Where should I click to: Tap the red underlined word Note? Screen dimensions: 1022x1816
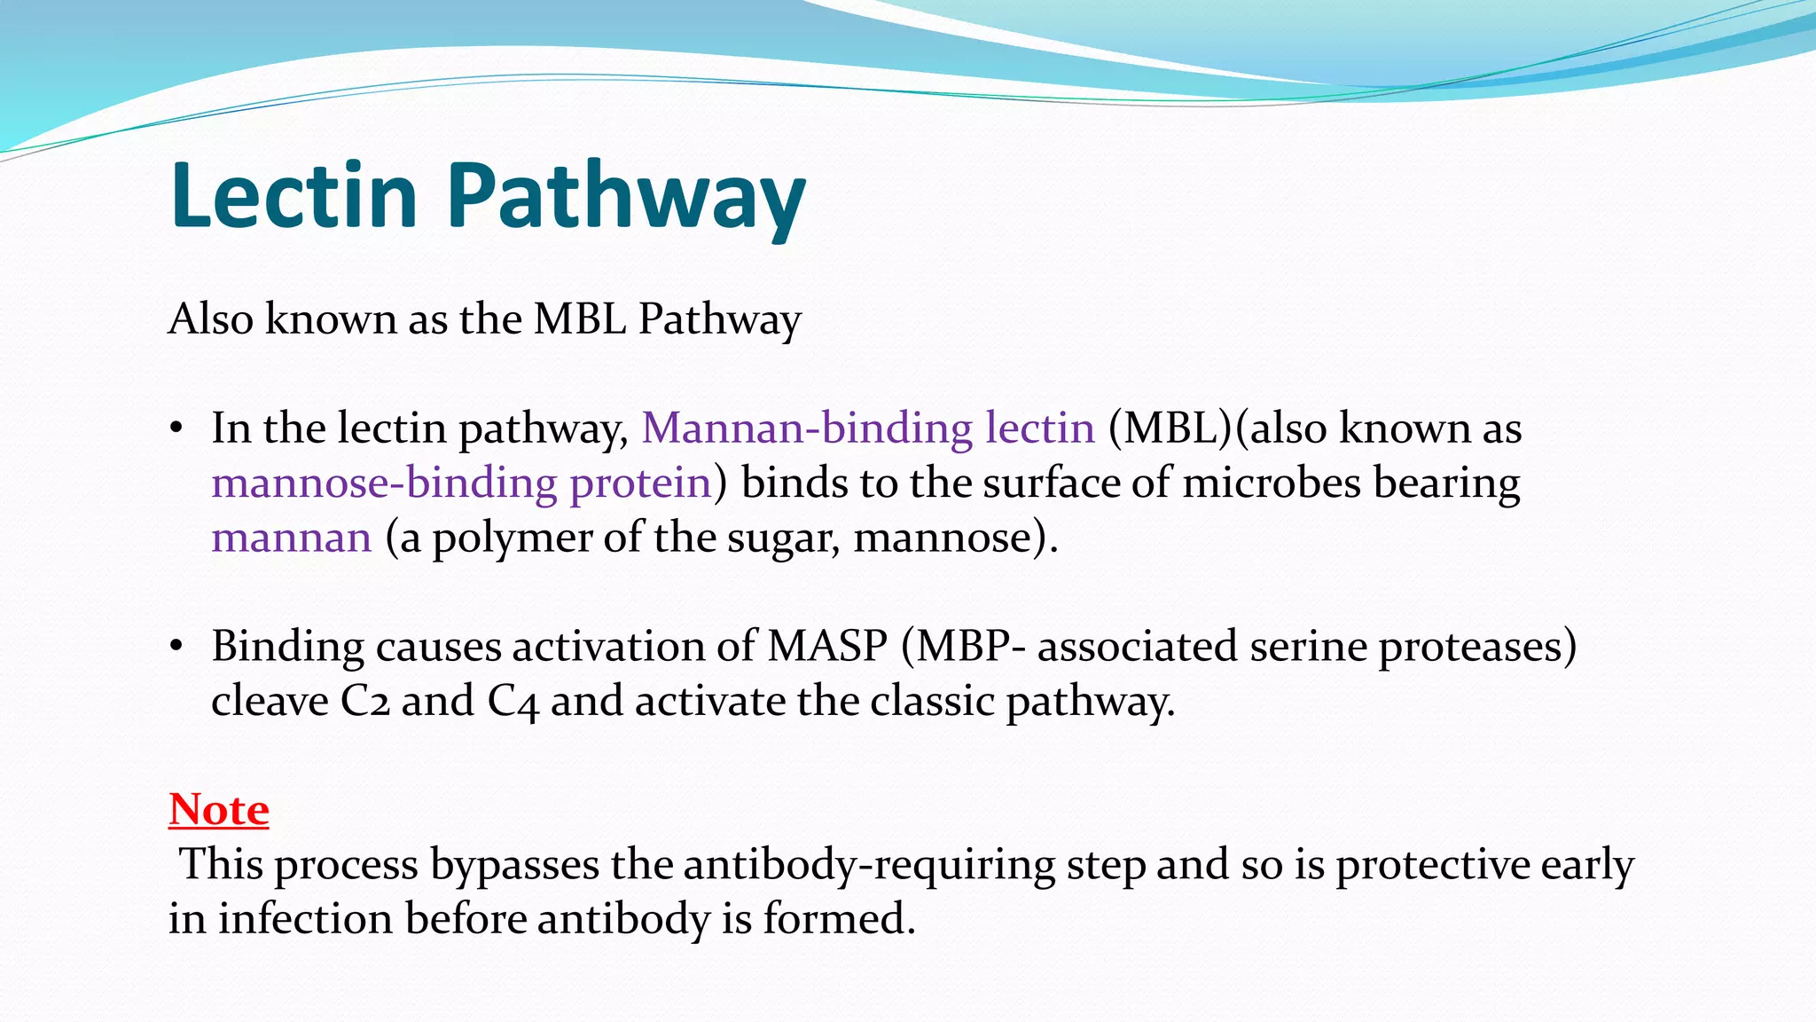219,809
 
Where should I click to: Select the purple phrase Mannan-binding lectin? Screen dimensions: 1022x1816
868,428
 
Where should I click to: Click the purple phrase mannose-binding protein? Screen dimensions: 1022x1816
462,483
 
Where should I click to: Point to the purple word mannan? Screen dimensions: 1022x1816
291,539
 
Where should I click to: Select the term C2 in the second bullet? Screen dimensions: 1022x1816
364,702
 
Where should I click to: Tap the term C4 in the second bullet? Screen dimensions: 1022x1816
513,702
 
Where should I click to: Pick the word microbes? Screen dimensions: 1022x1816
1272,483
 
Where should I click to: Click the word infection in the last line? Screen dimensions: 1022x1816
305,919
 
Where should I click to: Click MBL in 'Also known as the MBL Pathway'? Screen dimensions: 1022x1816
579,319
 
